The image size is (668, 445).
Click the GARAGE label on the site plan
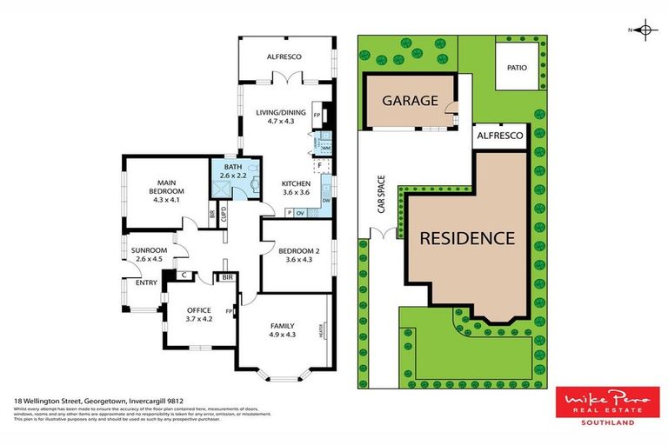tap(407, 100)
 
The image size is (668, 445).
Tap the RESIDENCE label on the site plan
tap(467, 237)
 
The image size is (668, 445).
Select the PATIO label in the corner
tap(517, 65)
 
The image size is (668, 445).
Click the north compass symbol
tap(645, 31)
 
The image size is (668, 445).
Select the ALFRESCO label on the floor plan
tap(284, 56)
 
